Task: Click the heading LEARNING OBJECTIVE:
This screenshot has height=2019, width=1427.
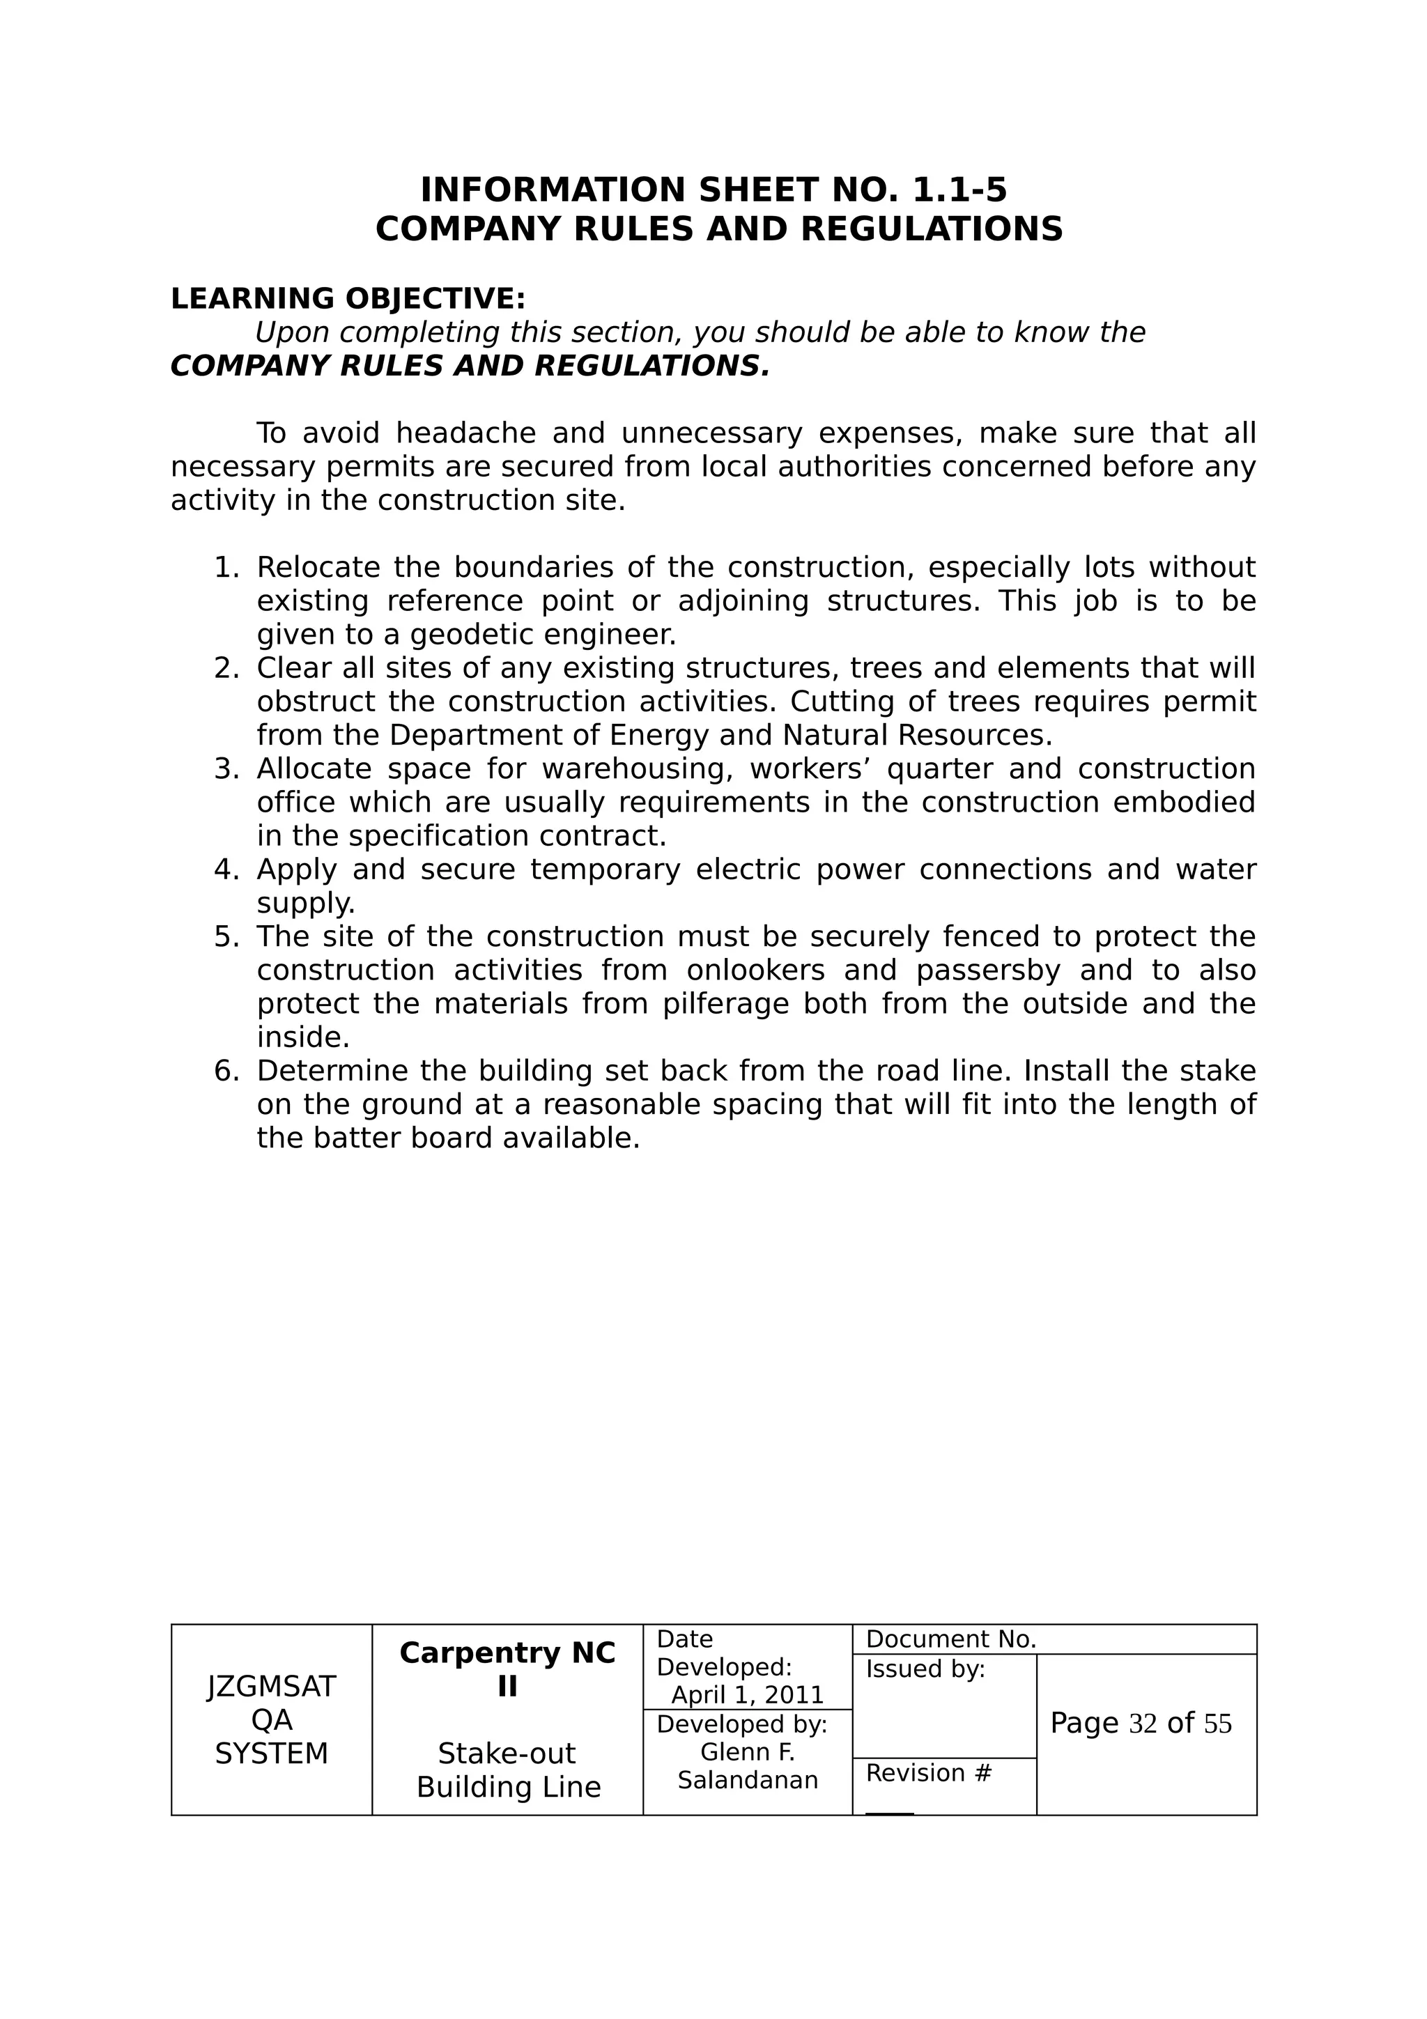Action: click(x=347, y=299)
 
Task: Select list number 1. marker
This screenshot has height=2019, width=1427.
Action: click(x=226, y=568)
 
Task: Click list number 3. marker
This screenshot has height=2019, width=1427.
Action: click(x=226, y=769)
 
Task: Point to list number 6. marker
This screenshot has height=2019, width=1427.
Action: click(x=226, y=1071)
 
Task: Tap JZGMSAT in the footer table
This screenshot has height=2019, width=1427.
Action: click(x=272, y=1687)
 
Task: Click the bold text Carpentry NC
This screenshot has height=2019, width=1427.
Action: click(x=507, y=1653)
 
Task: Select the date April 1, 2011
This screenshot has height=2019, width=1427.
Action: click(x=748, y=1696)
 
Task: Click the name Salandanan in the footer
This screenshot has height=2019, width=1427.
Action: click(x=748, y=1780)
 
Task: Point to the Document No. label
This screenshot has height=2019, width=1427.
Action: click(x=950, y=1639)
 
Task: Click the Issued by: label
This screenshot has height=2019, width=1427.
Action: click(x=925, y=1669)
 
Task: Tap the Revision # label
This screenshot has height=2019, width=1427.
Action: click(x=929, y=1773)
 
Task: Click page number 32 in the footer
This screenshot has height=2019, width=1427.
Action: click(x=1142, y=1724)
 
